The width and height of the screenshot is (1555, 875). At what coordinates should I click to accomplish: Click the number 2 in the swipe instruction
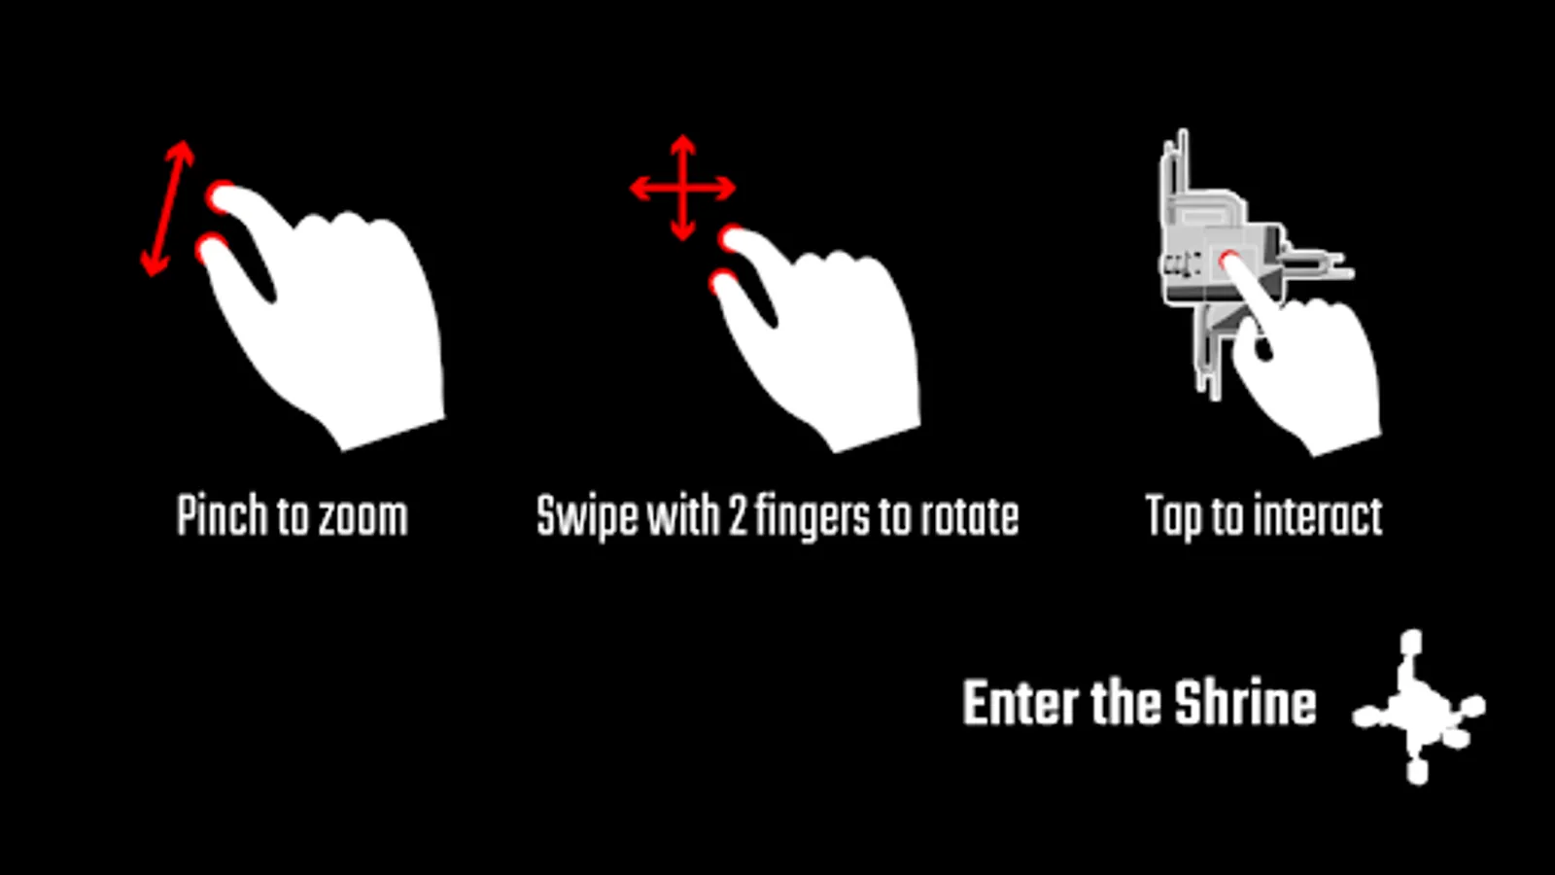[737, 516]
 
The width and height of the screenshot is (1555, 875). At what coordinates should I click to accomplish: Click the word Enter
[1020, 704]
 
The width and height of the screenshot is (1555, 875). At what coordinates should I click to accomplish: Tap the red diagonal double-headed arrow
[167, 208]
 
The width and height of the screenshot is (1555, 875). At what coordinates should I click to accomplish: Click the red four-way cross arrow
[682, 188]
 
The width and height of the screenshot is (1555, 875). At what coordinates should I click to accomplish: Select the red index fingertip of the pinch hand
[221, 196]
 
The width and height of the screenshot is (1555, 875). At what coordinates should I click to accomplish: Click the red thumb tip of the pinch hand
[210, 248]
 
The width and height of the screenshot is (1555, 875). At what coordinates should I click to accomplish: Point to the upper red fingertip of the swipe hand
[732, 237]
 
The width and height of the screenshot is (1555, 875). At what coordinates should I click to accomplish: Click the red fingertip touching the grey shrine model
[1229, 261]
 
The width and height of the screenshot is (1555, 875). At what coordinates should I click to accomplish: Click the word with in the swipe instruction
[682, 516]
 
